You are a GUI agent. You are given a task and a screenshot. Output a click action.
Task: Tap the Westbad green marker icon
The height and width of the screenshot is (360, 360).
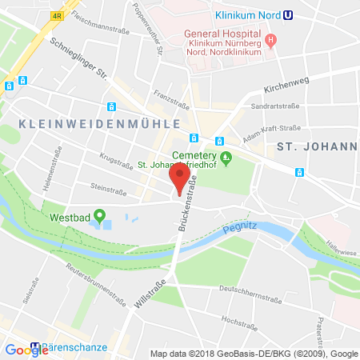(100, 215)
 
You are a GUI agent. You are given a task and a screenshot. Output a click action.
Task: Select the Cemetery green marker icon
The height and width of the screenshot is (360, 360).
(226, 156)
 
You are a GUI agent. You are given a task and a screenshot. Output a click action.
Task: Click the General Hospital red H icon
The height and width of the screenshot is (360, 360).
(271, 40)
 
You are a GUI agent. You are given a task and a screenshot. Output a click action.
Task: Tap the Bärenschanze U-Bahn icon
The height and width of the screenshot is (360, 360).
(35, 350)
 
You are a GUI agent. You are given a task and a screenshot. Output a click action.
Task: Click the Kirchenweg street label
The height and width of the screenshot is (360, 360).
(286, 91)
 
